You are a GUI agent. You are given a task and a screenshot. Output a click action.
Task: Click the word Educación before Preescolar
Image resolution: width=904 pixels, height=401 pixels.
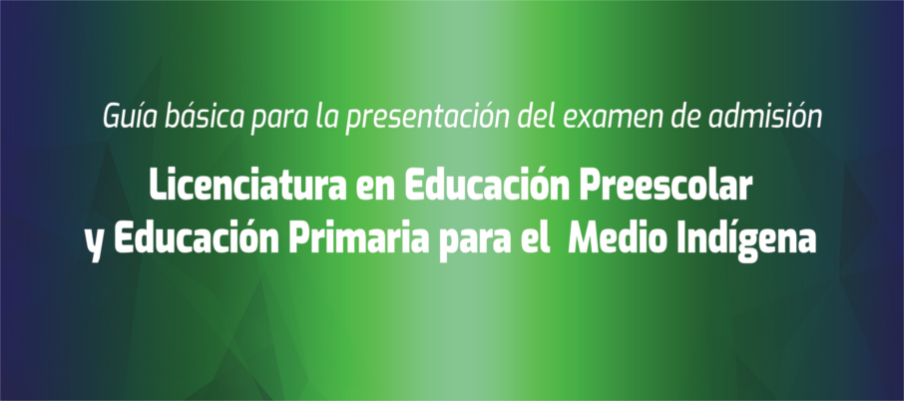[x=487, y=185]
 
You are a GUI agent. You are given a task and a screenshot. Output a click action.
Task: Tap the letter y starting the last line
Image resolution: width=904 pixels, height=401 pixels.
[x=95, y=244]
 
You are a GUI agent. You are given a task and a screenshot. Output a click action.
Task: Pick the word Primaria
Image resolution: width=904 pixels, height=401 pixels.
[x=359, y=236]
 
